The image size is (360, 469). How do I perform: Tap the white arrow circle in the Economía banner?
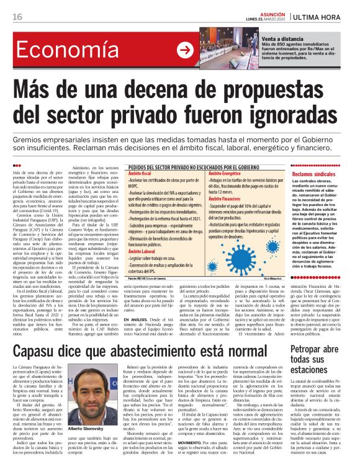point(185,50)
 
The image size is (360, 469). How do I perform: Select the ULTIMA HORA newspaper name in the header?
point(325,16)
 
